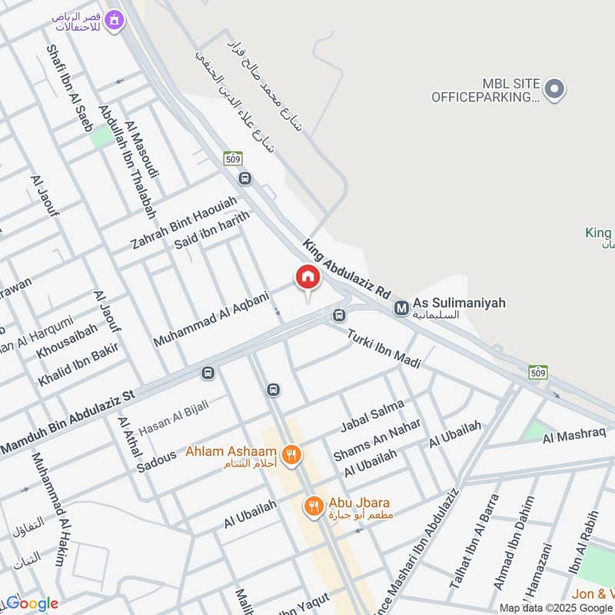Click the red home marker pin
click(x=307, y=278)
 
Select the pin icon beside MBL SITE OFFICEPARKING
click(x=556, y=90)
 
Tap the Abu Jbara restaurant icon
click(x=312, y=506)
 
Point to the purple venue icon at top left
click(x=115, y=20)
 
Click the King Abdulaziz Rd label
click(x=347, y=269)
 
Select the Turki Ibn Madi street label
click(x=384, y=348)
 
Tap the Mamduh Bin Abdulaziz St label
click(x=68, y=422)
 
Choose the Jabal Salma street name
click(x=371, y=416)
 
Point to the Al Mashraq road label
click(x=574, y=437)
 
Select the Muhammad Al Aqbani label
click(x=211, y=317)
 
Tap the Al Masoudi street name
click(x=141, y=150)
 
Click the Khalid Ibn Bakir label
click(x=76, y=367)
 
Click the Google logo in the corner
click(x=31, y=603)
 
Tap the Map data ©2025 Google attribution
click(x=556, y=607)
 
